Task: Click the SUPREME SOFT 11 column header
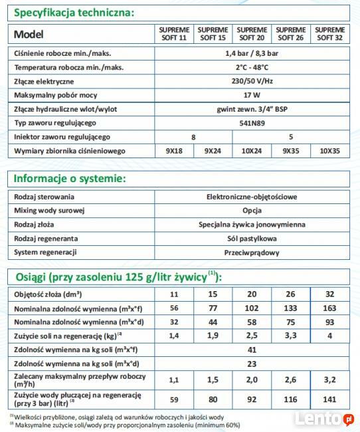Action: point(174,34)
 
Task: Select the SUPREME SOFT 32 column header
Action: point(330,34)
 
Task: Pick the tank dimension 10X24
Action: point(252,151)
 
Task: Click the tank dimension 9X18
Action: point(174,151)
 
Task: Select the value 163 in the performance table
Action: point(329,308)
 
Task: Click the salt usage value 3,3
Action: point(291,336)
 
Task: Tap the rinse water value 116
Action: point(291,400)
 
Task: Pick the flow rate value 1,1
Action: point(174,381)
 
